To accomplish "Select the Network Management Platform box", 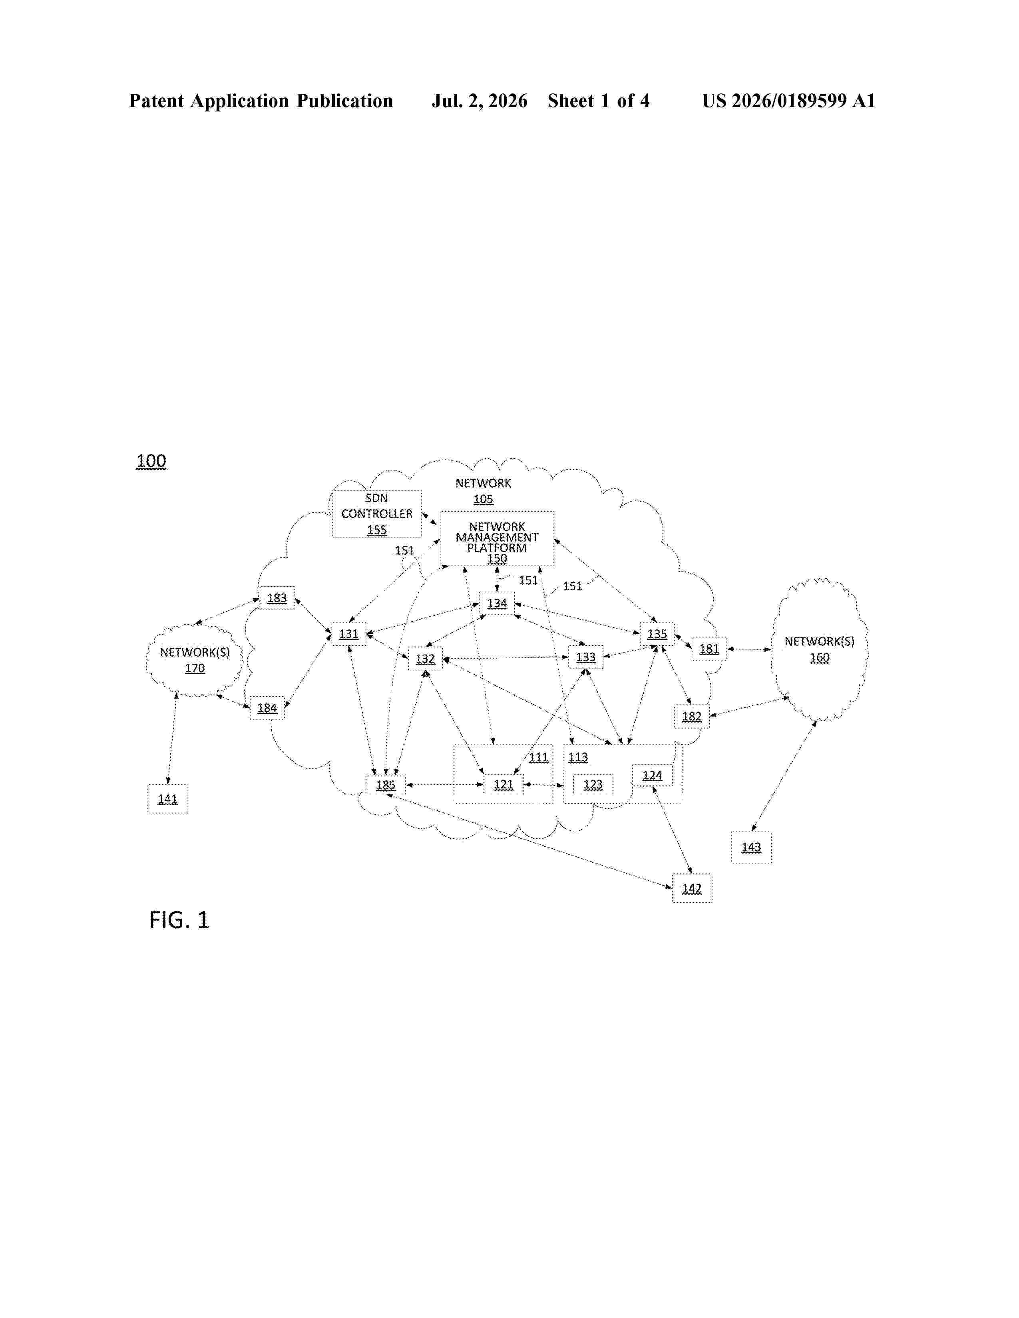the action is [x=497, y=539].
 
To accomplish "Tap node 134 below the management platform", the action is [x=497, y=603].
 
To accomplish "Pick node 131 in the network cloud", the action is [x=349, y=634].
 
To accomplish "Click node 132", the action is [x=426, y=658].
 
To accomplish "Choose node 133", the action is [x=585, y=657].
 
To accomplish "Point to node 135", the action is [x=657, y=634].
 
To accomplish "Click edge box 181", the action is [x=709, y=649].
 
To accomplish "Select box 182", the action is [x=692, y=717].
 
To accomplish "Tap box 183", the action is [x=277, y=598].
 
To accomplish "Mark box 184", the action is [x=267, y=708].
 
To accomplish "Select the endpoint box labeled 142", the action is [x=692, y=888].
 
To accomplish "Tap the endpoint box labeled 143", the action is [x=752, y=847].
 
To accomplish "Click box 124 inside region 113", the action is [x=652, y=776].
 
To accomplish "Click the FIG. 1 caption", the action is [x=179, y=920].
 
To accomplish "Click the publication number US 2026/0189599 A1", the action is [x=788, y=101].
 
